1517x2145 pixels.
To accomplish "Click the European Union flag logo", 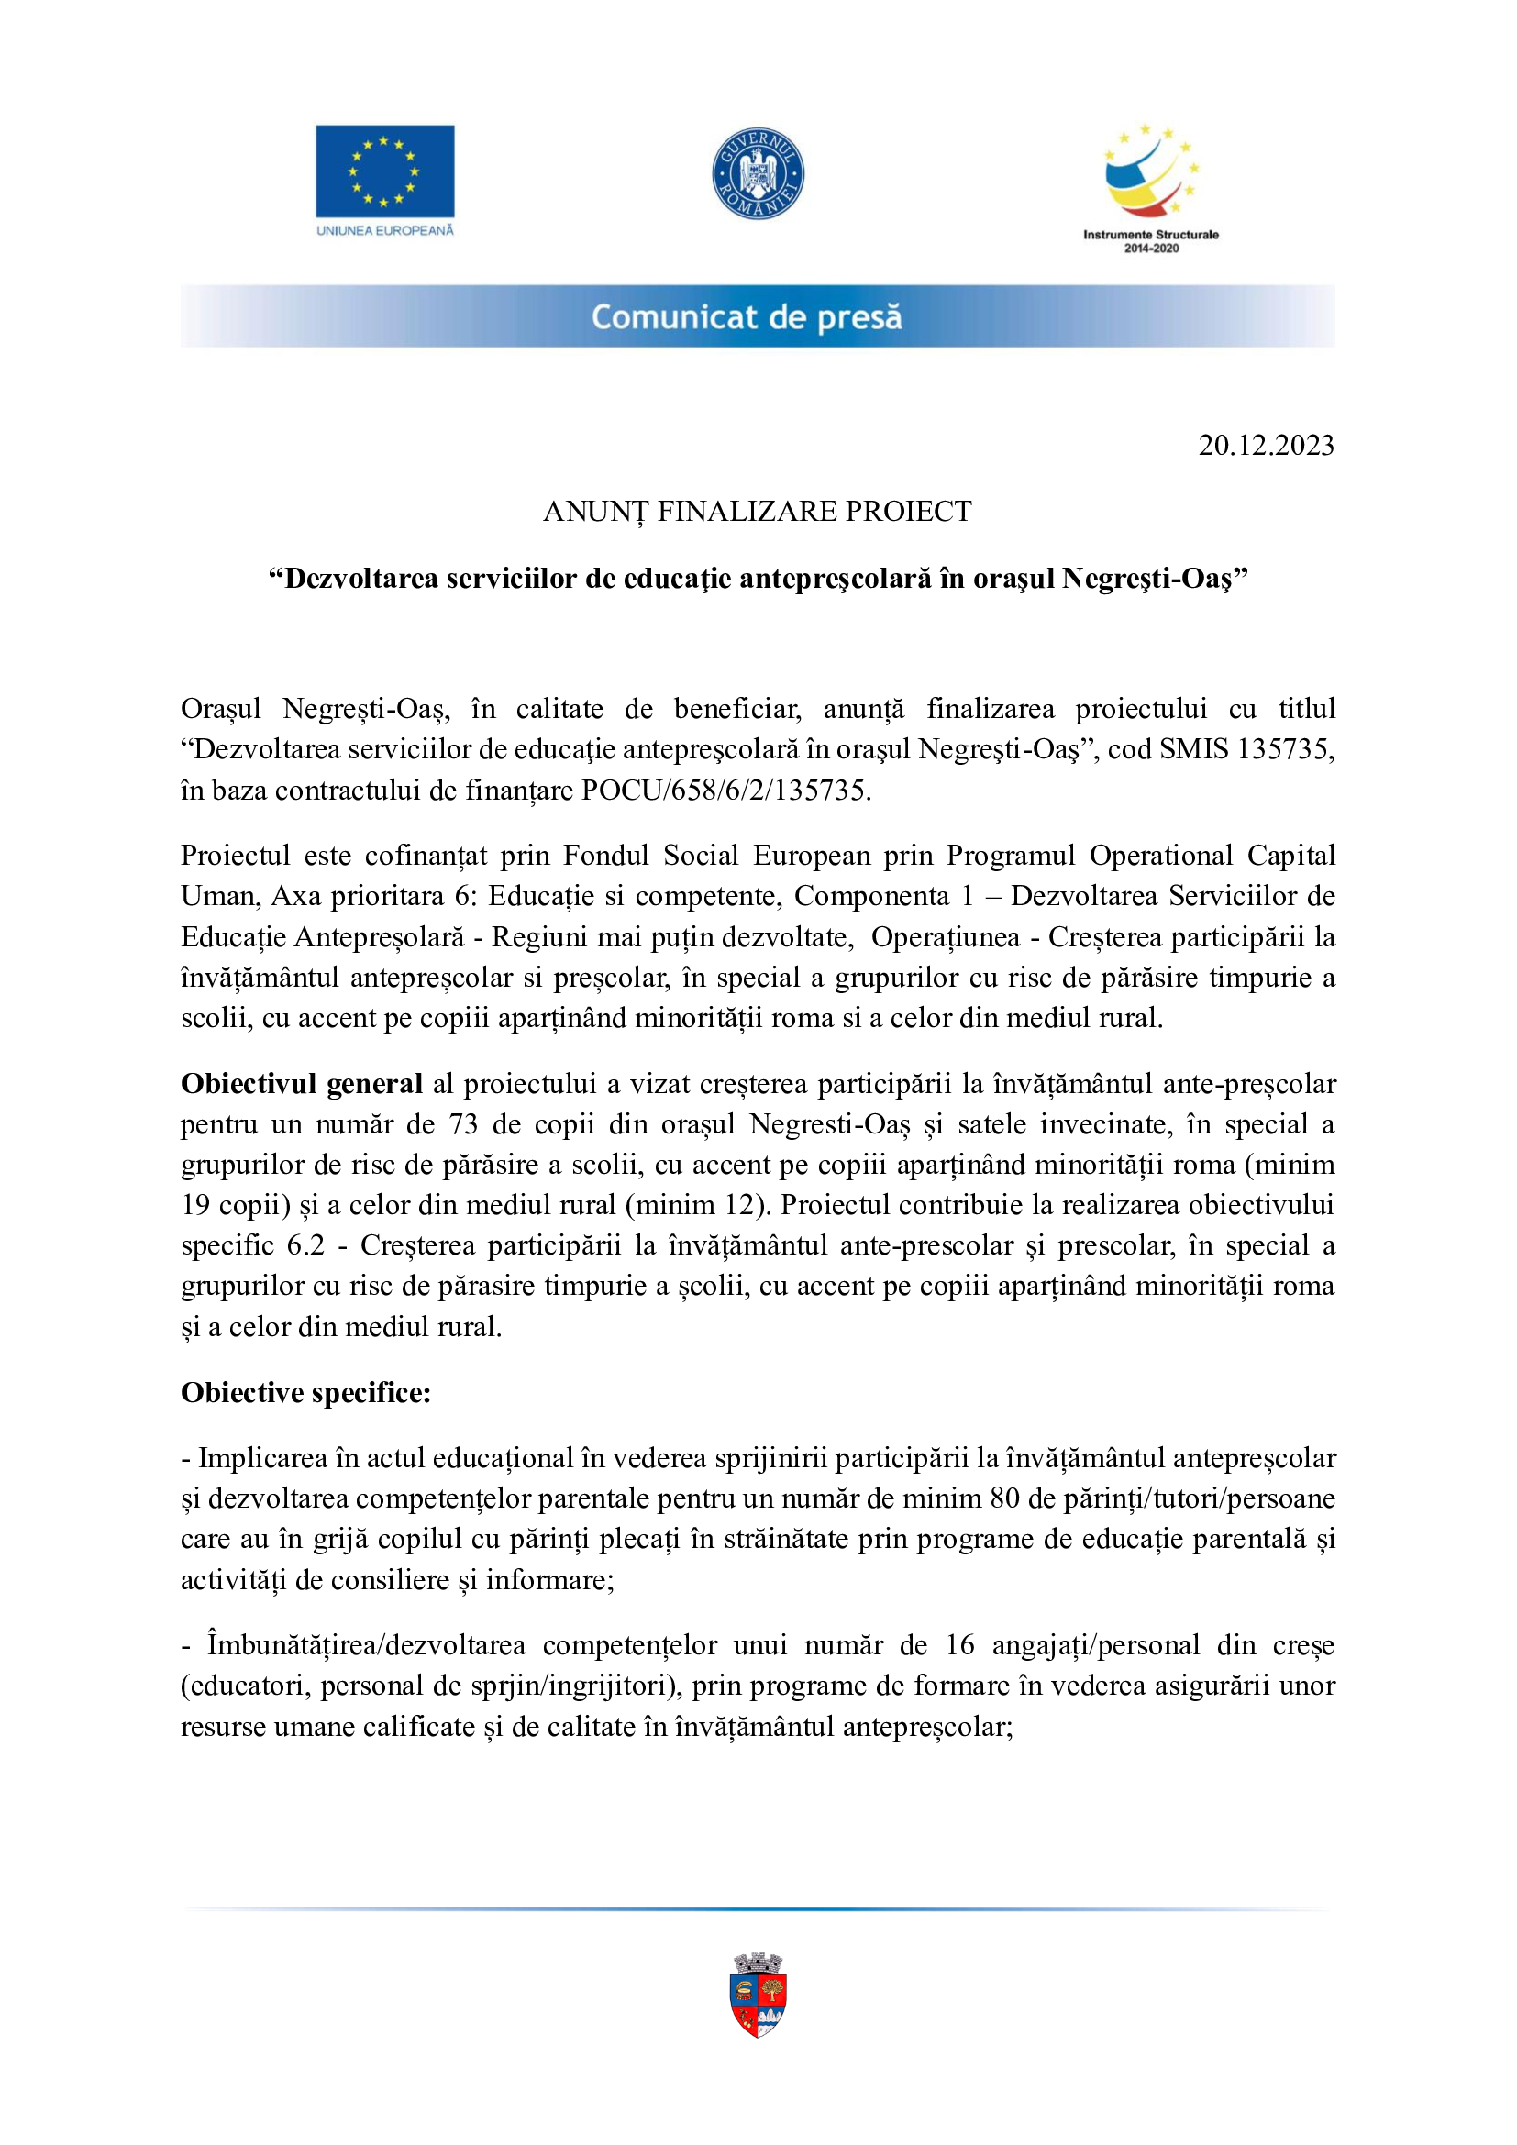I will [x=385, y=171].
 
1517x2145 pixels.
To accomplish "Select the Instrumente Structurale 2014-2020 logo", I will [x=1151, y=187].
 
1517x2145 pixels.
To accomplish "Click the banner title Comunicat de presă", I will [x=747, y=317].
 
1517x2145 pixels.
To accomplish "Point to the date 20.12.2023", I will [x=1266, y=446].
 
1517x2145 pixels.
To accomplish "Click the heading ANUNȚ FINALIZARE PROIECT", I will [x=758, y=512].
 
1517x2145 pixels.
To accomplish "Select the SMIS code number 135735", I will [x=1285, y=749].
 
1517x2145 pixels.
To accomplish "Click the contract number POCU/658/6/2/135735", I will [x=725, y=791].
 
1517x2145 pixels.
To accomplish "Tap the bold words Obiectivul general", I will [x=302, y=1084].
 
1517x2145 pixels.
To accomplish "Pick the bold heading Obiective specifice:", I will [x=305, y=1393].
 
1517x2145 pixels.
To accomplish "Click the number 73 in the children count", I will [x=463, y=1125].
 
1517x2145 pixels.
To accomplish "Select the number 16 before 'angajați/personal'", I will [x=959, y=1645].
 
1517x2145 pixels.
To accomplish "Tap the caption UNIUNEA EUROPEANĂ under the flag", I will [x=385, y=231].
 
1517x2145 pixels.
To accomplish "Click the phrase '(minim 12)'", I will [x=703, y=1205].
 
